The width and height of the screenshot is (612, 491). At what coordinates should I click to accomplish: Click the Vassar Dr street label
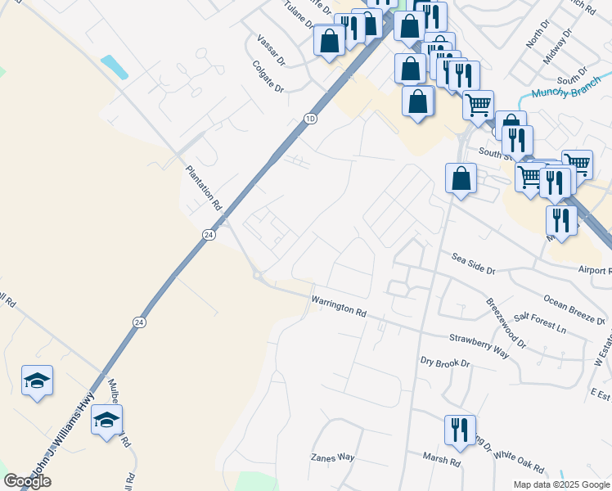[x=270, y=50]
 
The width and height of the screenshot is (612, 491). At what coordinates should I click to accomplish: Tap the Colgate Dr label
[x=268, y=76]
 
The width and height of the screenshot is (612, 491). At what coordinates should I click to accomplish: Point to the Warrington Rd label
[x=339, y=307]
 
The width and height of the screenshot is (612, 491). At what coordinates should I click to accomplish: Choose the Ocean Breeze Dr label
[x=574, y=308]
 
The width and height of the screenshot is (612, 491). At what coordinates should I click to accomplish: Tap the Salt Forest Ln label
[x=540, y=322]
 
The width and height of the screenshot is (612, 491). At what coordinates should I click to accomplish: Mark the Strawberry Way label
[x=479, y=343]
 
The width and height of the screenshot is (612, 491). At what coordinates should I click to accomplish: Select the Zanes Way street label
[x=332, y=457]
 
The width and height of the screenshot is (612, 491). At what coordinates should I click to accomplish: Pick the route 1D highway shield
[x=309, y=119]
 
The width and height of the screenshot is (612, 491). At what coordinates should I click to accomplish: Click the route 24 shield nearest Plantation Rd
[x=209, y=235]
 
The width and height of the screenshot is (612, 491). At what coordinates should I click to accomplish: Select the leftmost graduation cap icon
[x=37, y=381]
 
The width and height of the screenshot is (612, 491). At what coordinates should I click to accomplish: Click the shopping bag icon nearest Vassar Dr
[x=329, y=40]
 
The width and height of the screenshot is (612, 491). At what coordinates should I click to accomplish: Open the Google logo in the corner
[x=28, y=481]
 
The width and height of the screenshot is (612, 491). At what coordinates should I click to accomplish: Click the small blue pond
[x=115, y=66]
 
